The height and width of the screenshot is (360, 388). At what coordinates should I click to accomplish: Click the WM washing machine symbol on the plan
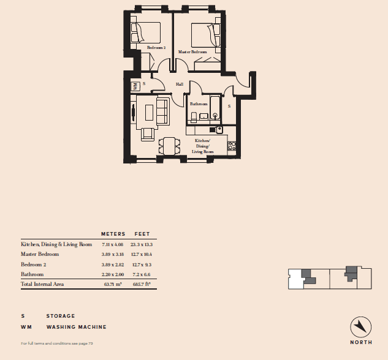[135, 86]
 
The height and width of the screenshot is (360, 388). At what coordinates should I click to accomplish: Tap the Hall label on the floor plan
[180, 84]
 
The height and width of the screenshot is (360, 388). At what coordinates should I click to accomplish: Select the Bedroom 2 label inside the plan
[156, 47]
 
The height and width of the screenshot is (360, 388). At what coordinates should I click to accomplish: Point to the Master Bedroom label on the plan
[192, 52]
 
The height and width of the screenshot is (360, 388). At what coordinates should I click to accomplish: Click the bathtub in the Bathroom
[215, 108]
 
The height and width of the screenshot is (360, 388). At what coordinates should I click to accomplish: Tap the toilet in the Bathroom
[194, 118]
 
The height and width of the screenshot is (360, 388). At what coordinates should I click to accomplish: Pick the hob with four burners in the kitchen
[232, 146]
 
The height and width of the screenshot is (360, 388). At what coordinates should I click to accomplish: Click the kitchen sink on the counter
[219, 130]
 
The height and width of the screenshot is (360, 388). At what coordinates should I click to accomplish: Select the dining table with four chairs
[170, 146]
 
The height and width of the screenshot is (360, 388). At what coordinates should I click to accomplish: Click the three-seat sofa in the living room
[163, 111]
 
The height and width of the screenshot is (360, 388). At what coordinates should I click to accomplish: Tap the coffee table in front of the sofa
[149, 113]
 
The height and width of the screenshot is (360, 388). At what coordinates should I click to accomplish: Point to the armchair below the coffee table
[148, 135]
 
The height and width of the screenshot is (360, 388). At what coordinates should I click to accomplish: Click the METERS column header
[113, 234]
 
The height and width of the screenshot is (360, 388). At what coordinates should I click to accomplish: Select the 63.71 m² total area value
[113, 284]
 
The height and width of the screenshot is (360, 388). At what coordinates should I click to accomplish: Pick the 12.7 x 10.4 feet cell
[142, 254]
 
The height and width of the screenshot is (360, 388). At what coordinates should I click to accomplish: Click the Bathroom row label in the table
[32, 274]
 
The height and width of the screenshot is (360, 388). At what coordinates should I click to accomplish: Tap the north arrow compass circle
[361, 327]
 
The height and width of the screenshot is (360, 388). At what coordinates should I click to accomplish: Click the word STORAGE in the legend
[61, 316]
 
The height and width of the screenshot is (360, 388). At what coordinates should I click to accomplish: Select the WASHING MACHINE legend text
[77, 327]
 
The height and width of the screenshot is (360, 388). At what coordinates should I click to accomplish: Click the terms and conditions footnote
[57, 343]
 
